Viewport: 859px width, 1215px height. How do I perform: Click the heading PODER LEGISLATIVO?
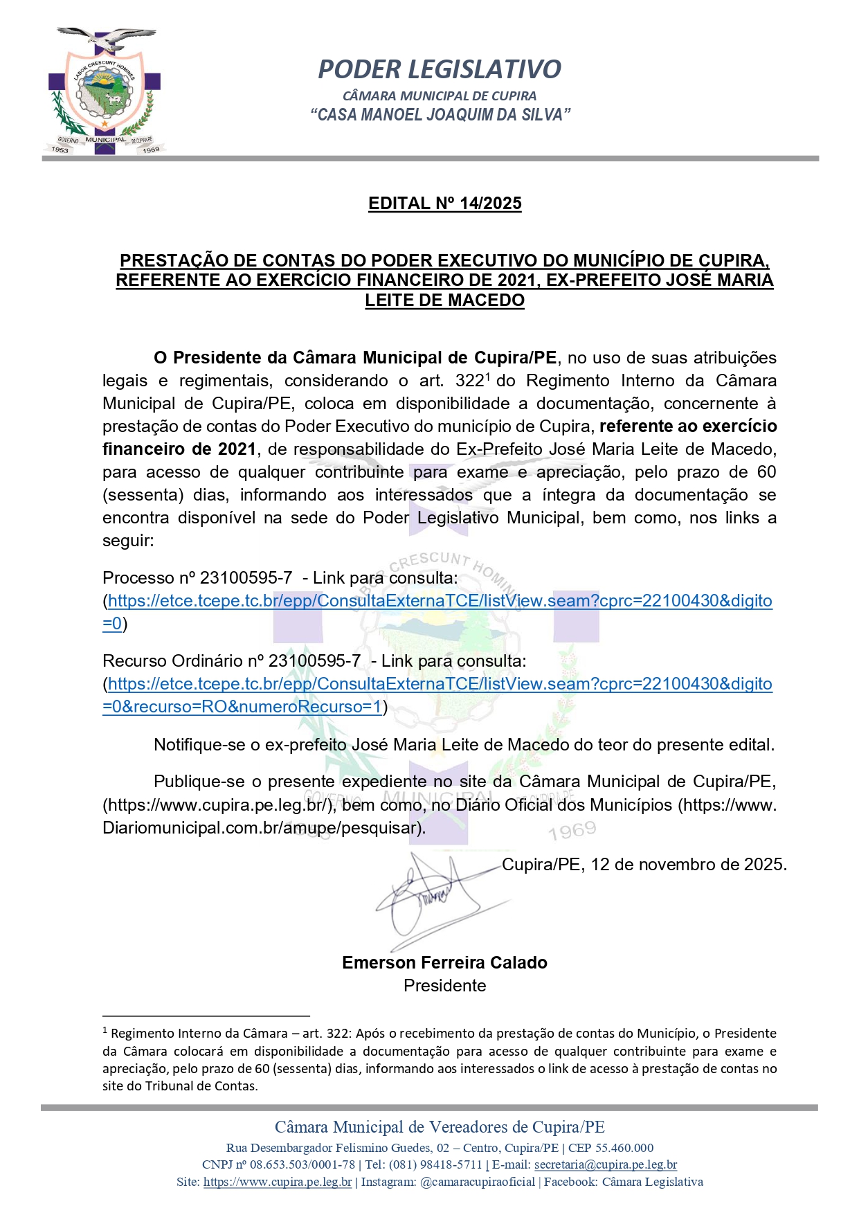(x=440, y=69)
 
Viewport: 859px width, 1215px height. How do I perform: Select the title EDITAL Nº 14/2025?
(x=444, y=204)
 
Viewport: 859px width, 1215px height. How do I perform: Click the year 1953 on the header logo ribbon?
(x=60, y=150)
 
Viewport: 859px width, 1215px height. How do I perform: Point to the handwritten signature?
(x=429, y=897)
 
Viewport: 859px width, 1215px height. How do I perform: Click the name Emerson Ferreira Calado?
(x=444, y=963)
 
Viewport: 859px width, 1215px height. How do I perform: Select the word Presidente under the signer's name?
(x=444, y=986)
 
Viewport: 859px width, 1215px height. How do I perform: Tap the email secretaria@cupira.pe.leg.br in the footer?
(x=606, y=1165)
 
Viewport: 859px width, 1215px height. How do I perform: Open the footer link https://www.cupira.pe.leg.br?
(x=278, y=1182)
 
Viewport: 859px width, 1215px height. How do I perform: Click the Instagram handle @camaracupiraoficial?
(x=478, y=1182)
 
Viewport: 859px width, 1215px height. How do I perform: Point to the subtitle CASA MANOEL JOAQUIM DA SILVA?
(x=440, y=115)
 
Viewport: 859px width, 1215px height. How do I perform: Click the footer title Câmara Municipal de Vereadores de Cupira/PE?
(x=440, y=1127)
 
